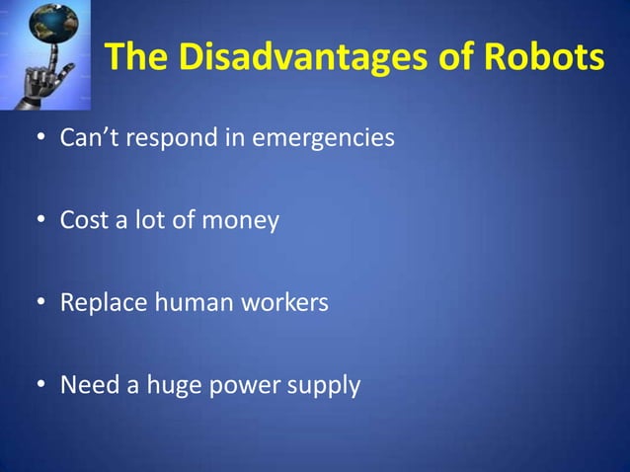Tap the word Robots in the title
[x=541, y=58]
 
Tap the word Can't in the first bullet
[x=89, y=138]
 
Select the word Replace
[x=101, y=302]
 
